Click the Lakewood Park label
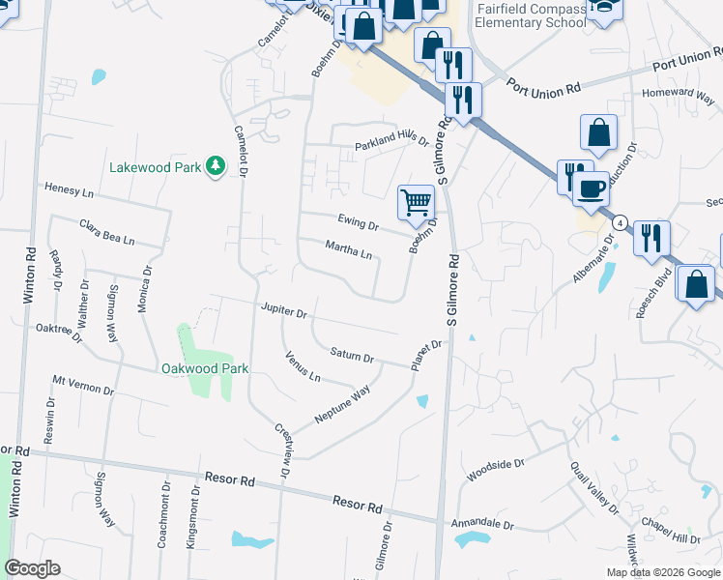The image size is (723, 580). [x=155, y=167]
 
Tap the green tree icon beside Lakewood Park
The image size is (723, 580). [x=216, y=167]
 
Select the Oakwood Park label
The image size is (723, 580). [x=205, y=368]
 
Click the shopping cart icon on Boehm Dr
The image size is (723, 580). [x=416, y=203]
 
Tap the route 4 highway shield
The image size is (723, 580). [x=620, y=223]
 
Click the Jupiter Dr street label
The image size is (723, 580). [x=283, y=312]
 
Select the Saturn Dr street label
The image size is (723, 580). [x=352, y=356]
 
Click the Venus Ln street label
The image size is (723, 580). [x=303, y=367]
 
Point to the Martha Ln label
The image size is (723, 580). [x=348, y=251]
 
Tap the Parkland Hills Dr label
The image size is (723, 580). [x=390, y=142]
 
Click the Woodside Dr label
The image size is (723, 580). [x=495, y=470]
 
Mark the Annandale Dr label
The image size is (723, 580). [x=482, y=524]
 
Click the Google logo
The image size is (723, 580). [x=32, y=568]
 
